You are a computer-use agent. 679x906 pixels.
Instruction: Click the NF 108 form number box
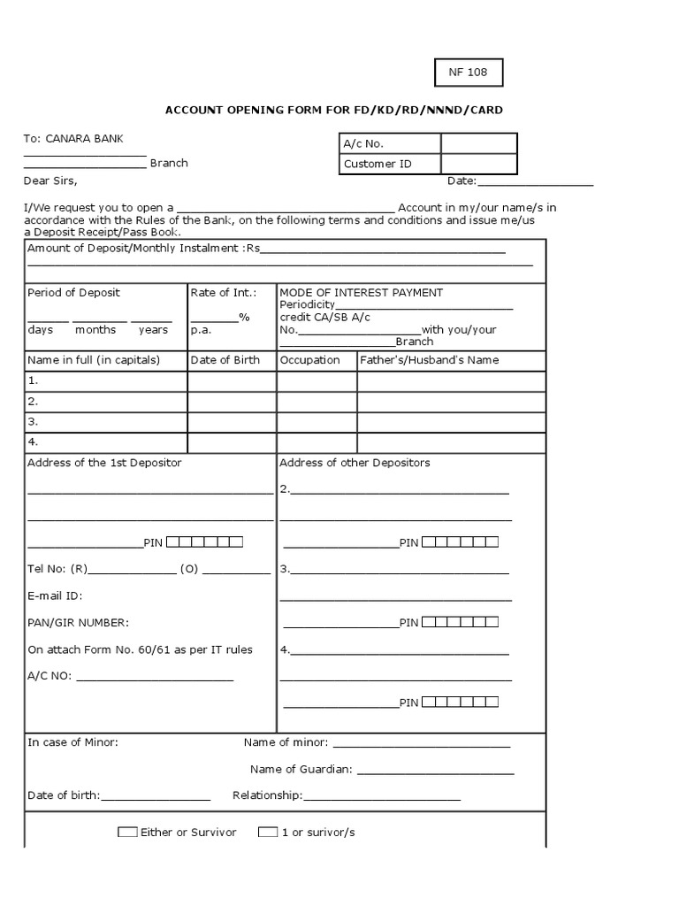[469, 73]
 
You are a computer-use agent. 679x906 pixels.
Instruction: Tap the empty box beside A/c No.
[478, 143]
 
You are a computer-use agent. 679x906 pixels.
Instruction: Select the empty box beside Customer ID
[478, 164]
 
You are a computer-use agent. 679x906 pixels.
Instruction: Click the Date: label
[462, 181]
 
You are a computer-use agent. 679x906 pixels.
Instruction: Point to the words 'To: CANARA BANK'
[73, 139]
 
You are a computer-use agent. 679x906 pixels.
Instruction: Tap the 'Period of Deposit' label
[73, 293]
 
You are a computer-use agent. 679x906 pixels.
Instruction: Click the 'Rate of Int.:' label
[224, 293]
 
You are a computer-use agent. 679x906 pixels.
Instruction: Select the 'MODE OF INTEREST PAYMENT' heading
[361, 293]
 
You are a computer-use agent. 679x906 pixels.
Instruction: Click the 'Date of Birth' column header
[224, 360]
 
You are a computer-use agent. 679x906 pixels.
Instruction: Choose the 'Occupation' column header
[309, 360]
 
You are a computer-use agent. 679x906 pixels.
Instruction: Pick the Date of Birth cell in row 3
[232, 422]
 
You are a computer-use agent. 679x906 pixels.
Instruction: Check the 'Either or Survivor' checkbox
[127, 833]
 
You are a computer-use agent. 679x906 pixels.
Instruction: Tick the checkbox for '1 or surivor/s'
[268, 833]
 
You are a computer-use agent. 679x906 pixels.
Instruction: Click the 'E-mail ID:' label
[55, 596]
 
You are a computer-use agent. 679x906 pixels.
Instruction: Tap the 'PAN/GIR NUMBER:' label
[78, 623]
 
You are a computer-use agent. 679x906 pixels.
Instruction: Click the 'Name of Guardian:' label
[301, 770]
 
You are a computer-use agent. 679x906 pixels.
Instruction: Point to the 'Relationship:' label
[267, 795]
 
